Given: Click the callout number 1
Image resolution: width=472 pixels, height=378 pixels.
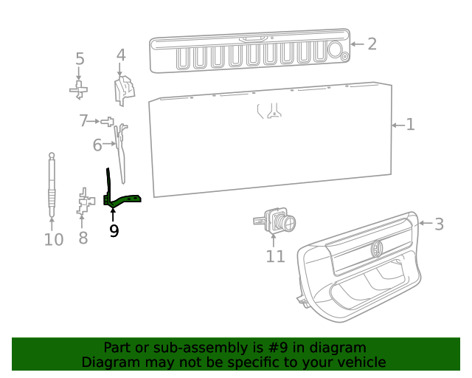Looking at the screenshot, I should click(410, 125).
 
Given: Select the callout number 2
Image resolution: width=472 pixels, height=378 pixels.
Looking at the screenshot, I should click(372, 44).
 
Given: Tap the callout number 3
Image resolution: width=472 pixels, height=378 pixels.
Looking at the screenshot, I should click(439, 224).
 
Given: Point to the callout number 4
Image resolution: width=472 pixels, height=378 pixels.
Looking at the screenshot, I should click(121, 55).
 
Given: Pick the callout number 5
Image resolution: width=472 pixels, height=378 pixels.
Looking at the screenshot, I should click(80, 59).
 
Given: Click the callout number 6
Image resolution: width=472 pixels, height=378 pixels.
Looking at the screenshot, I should click(97, 145).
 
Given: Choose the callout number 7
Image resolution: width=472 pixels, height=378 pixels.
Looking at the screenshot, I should click(84, 120).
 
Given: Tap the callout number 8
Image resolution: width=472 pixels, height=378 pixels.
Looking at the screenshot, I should click(83, 238).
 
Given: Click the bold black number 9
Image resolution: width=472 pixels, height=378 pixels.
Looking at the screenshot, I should click(114, 231).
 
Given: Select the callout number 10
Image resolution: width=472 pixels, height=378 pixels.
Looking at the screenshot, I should click(53, 239).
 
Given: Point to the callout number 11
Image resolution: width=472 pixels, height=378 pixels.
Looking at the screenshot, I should click(275, 256).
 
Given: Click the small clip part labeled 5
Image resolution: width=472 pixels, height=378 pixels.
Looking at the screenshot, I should click(79, 90).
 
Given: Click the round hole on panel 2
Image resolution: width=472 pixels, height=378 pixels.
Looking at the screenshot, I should click(334, 50).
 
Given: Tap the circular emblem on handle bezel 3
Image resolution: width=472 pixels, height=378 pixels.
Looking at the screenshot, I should click(376, 249).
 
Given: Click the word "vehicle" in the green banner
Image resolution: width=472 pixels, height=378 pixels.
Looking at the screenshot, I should click(358, 362).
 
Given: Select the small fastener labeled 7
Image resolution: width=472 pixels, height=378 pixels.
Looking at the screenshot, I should click(108, 120).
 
